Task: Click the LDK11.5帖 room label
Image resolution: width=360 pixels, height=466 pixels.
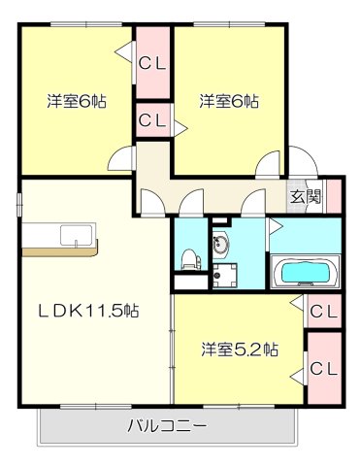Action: click(x=88, y=312)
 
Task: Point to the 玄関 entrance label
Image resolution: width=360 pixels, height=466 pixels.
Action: click(x=306, y=195)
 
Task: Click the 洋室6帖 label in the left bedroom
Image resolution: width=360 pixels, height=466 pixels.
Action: click(x=78, y=100)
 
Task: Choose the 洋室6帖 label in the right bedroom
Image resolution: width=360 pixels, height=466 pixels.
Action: click(x=230, y=100)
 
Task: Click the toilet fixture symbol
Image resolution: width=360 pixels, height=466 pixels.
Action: click(x=190, y=257)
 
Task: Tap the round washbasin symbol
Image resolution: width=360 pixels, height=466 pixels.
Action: click(x=221, y=243)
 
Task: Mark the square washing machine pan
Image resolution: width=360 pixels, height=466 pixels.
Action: click(x=226, y=275)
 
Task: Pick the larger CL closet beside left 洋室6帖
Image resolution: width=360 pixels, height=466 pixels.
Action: click(x=152, y=64)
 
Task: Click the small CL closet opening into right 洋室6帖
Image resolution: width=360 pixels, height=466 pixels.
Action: click(x=152, y=121)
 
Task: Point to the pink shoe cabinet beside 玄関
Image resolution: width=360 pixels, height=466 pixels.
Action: click(x=334, y=195)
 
